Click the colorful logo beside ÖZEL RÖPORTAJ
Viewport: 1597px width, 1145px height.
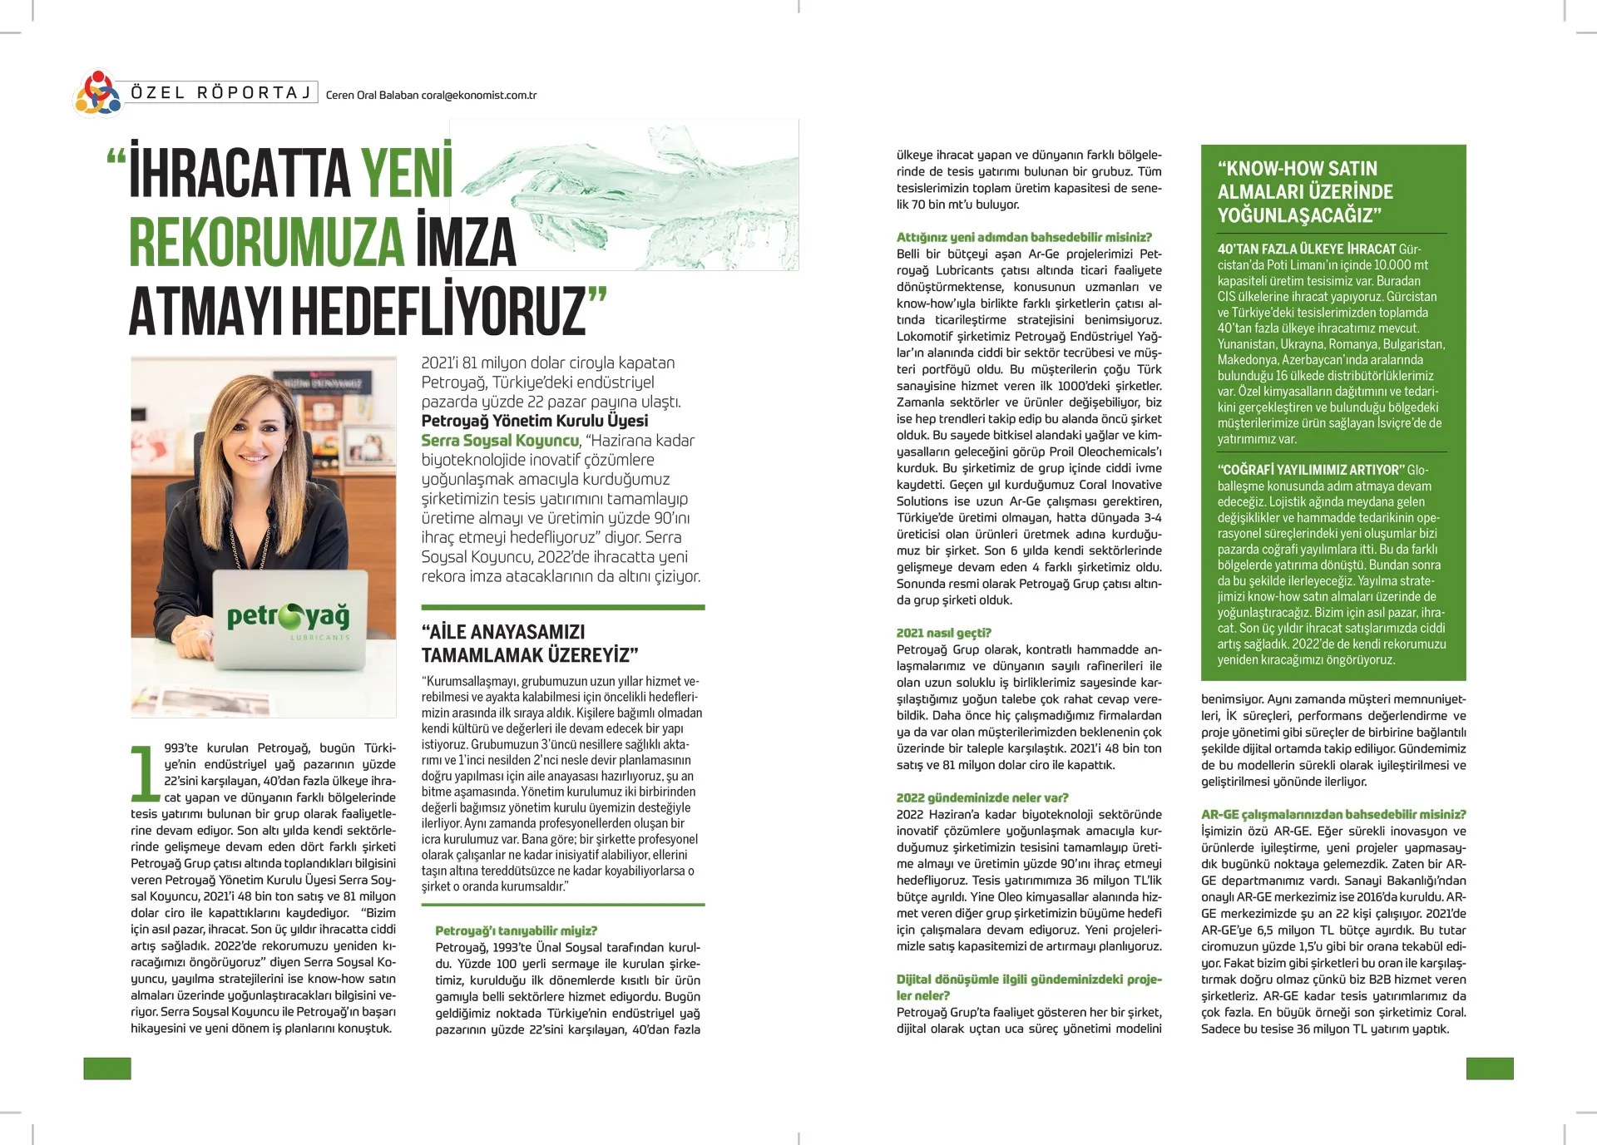coord(98,93)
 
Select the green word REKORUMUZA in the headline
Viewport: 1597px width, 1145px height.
coord(266,243)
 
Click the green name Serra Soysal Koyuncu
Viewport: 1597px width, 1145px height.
coord(500,441)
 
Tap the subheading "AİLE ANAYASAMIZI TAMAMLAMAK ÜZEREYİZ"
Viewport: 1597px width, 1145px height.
coord(529,644)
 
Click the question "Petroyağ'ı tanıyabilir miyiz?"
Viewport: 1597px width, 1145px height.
coord(516,930)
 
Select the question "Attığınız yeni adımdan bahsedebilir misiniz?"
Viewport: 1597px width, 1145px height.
coord(1024,237)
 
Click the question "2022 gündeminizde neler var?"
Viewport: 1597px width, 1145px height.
coord(982,797)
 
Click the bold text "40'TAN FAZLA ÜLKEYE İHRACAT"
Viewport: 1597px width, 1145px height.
coord(1307,249)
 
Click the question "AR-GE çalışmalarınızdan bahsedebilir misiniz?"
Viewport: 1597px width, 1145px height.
coord(1333,814)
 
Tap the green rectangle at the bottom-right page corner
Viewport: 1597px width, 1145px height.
coord(1489,1069)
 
